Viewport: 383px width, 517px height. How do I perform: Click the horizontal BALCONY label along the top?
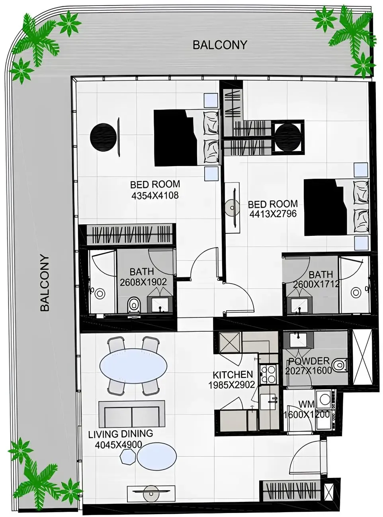[220, 45]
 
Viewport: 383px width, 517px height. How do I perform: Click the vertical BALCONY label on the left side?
[45, 283]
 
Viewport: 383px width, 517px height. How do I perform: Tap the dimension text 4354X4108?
[155, 196]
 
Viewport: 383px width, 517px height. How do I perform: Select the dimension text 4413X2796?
[273, 214]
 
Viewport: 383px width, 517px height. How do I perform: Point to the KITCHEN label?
[233, 375]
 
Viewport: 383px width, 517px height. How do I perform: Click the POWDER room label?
[309, 361]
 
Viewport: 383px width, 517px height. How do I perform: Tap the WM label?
[306, 405]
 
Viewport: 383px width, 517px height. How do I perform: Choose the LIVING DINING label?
[120, 434]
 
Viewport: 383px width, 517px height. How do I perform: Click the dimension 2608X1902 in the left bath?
[143, 282]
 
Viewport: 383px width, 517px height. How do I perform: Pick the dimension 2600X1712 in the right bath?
[316, 284]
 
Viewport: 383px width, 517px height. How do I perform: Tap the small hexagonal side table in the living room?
[129, 456]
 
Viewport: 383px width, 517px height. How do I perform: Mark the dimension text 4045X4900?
[118, 445]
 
